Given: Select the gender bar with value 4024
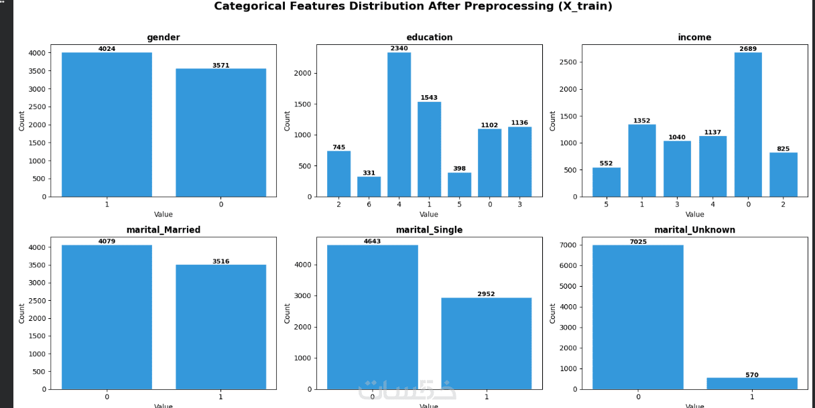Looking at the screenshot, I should pyautogui.click(x=107, y=125).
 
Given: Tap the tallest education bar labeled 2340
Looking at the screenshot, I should pyautogui.click(x=399, y=125).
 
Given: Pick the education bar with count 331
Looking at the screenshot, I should pyautogui.click(x=369, y=187).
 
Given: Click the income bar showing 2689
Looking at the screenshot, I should pyautogui.click(x=748, y=125).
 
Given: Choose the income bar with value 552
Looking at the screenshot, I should pyautogui.click(x=606, y=182).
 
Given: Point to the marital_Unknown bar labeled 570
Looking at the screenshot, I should pyautogui.click(x=752, y=383).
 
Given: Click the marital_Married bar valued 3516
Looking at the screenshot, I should pyautogui.click(x=221, y=327).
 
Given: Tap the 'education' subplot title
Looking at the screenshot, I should pyautogui.click(x=429, y=38).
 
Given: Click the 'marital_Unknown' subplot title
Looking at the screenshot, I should pyautogui.click(x=694, y=230).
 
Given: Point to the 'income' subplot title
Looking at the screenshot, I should pyautogui.click(x=694, y=38).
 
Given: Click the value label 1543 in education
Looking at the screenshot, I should pyautogui.click(x=429, y=98).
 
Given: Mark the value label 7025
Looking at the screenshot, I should pyautogui.click(x=638, y=242).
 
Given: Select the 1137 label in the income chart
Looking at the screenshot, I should pyautogui.click(x=712, y=133).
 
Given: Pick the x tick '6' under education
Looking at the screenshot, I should pyautogui.click(x=369, y=204).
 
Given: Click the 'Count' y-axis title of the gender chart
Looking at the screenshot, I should pyautogui.click(x=21, y=121).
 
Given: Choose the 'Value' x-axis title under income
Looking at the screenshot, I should pyautogui.click(x=694, y=214).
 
